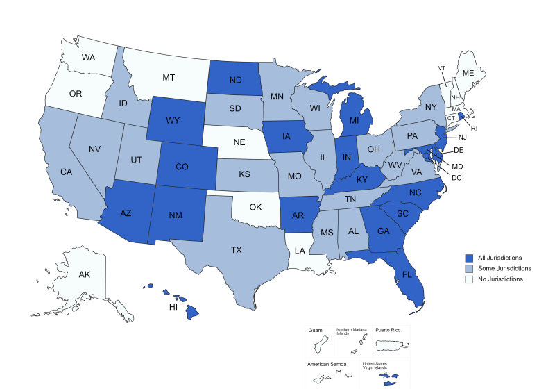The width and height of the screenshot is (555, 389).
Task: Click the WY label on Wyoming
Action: (x=173, y=120)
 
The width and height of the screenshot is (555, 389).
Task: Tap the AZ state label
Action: (x=126, y=213)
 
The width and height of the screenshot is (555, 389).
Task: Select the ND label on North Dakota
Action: (x=235, y=80)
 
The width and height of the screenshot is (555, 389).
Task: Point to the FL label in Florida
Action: (x=407, y=274)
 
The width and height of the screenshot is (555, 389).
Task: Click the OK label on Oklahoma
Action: (x=256, y=206)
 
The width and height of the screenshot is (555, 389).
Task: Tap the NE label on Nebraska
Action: (x=239, y=142)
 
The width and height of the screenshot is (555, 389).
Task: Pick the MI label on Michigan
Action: (x=354, y=120)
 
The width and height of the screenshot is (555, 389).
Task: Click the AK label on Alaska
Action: (x=85, y=274)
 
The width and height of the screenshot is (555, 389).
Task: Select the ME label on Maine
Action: (x=468, y=73)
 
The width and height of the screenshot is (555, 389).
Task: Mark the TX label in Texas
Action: (x=237, y=249)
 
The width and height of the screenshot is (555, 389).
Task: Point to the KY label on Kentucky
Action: (x=362, y=179)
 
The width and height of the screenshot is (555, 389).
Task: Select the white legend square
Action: (x=469, y=279)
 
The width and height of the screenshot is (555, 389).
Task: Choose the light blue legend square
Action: (x=469, y=269)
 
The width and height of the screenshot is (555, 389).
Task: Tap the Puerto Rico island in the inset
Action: (x=391, y=344)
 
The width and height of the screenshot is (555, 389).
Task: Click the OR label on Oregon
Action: (x=76, y=94)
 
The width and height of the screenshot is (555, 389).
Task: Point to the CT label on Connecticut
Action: (x=452, y=118)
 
